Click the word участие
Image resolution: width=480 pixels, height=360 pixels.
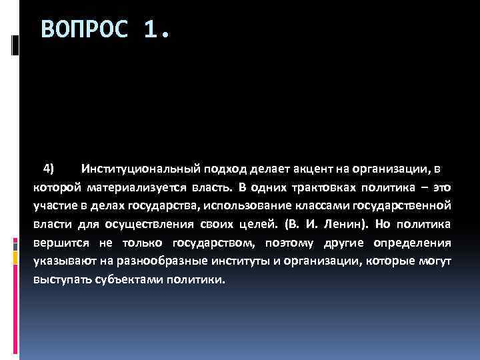click(55, 203)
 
